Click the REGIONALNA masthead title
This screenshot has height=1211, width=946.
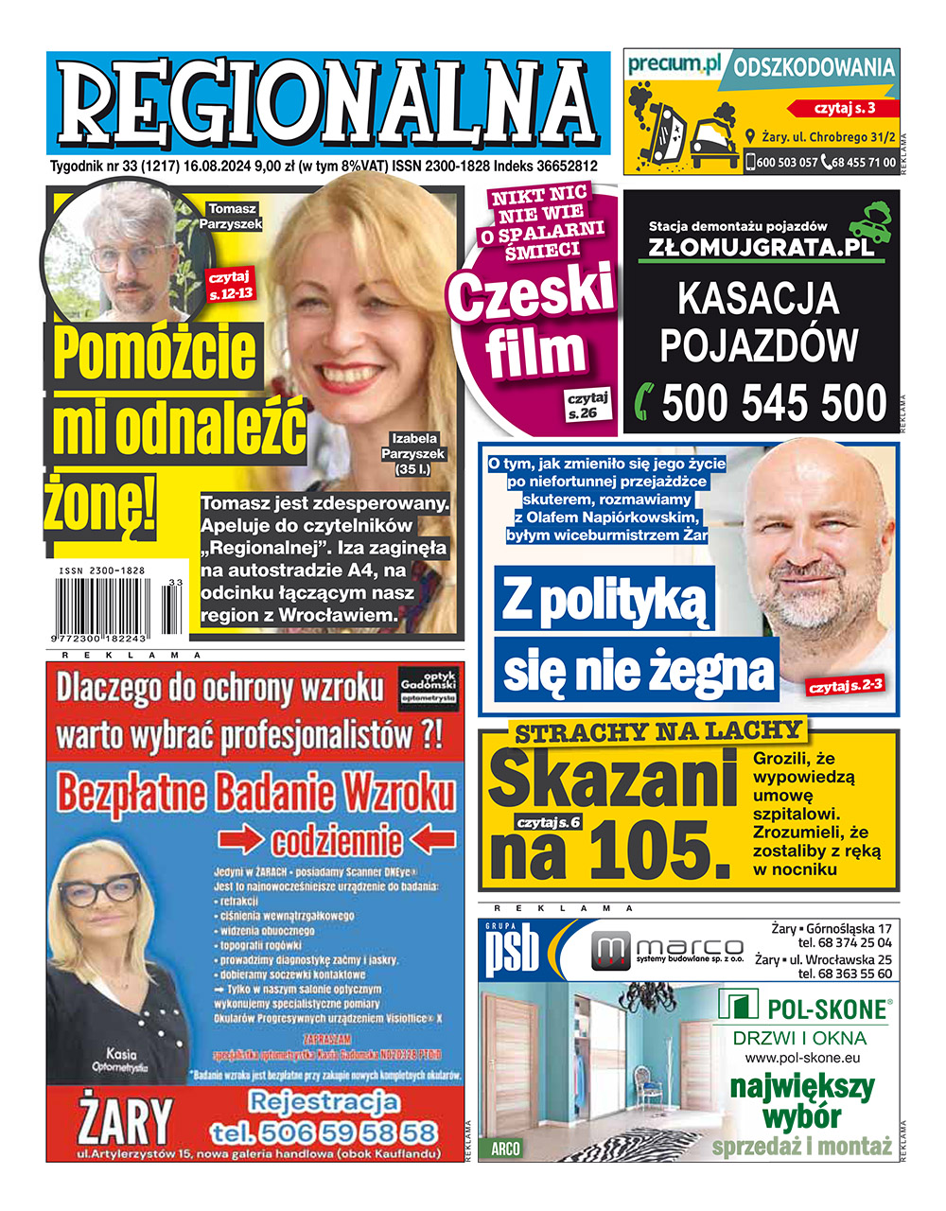(326, 102)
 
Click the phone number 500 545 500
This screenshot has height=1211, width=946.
(774, 403)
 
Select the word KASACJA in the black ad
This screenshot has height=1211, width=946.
(759, 298)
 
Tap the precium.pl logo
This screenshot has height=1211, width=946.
(674, 65)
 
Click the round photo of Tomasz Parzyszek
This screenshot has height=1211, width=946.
(128, 251)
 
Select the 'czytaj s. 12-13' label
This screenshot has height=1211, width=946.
(230, 284)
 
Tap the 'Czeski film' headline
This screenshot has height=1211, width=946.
(534, 322)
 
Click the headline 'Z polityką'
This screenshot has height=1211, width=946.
(604, 598)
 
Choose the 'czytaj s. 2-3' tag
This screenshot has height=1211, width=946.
(845, 684)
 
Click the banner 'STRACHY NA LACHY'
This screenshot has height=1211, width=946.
(658, 730)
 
